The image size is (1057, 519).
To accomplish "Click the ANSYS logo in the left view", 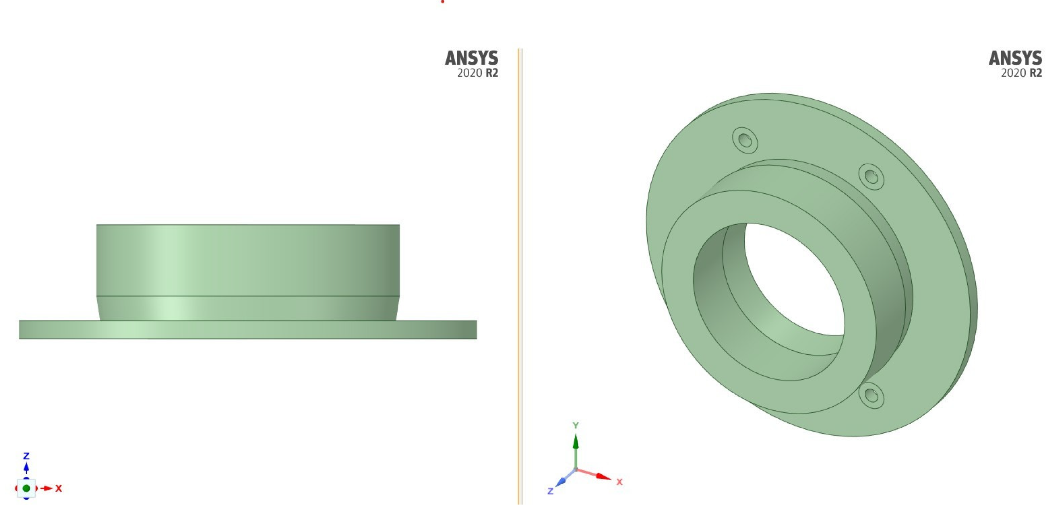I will pos(471,58).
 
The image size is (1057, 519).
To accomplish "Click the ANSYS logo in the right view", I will pos(1015,58).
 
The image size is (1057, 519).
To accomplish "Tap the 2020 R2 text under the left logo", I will pos(477,73).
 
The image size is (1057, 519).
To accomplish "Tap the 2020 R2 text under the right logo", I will pos(1021,73).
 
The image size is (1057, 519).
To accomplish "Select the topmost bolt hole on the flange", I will pos(745,140).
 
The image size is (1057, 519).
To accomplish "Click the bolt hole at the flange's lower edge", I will pos(871,395).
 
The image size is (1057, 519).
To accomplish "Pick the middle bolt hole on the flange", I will pos(871,177).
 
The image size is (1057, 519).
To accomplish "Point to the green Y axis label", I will pos(576,425).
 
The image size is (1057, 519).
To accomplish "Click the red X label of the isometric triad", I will pos(620,482).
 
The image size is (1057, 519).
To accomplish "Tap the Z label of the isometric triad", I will pos(550,491).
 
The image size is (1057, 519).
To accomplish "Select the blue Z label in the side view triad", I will pos(26,456).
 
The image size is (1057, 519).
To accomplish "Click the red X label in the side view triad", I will pos(59,488).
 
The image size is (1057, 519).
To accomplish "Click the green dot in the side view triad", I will pos(26,488).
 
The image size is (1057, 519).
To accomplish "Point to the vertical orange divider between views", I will pos(520,274).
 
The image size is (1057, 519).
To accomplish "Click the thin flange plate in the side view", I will pos(248,330).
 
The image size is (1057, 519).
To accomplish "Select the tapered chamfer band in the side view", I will pos(248,308).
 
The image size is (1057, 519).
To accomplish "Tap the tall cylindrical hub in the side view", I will pos(248,260).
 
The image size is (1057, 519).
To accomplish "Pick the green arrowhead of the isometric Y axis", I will pos(576,441).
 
